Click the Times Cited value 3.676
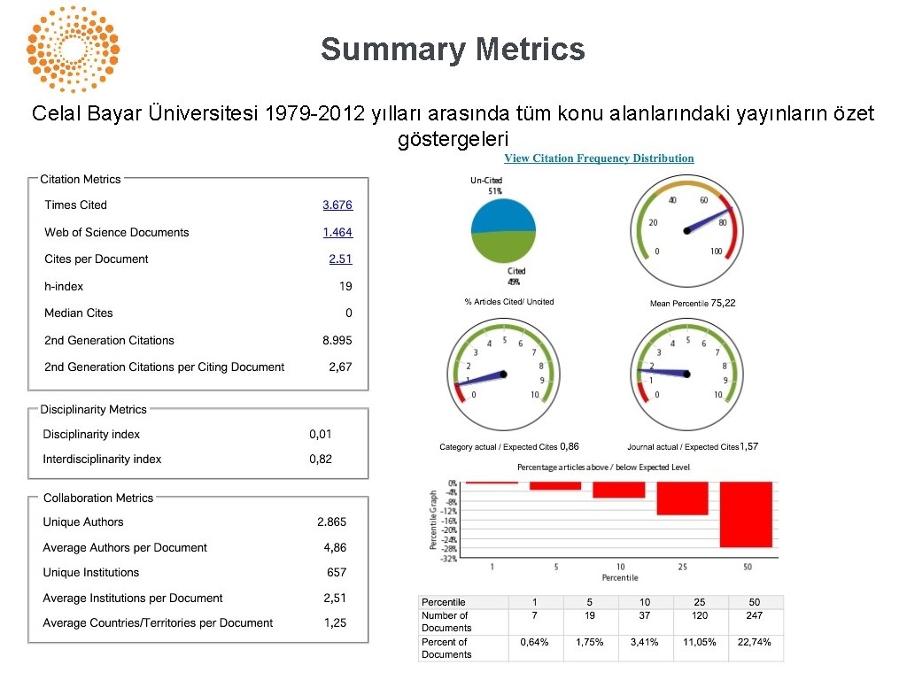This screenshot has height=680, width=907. tap(337, 205)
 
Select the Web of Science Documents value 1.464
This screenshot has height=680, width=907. tap(337, 232)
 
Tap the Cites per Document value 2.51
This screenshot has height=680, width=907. tap(340, 259)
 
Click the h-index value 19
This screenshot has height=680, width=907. tap(345, 286)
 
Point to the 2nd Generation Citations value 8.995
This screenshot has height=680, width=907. tap(337, 340)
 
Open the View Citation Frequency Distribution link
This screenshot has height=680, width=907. tap(599, 158)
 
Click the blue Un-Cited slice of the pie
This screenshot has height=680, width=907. tap(503, 214)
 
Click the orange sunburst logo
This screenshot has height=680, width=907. tap(73, 49)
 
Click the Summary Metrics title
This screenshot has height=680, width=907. tap(453, 49)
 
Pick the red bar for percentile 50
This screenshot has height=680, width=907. tap(746, 514)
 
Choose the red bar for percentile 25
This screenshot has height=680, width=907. tap(682, 498)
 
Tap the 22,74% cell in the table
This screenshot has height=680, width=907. tap(754, 642)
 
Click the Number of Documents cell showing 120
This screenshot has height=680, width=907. tap(700, 615)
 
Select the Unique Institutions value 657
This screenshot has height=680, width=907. tap(337, 573)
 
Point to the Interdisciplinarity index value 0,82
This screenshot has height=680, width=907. tap(321, 459)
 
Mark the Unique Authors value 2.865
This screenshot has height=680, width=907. tap(332, 522)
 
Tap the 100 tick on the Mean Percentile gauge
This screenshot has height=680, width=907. tap(716, 251)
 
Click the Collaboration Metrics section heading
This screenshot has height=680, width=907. tap(98, 498)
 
